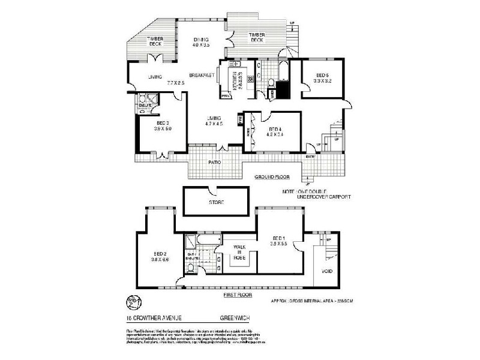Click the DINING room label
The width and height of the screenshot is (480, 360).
pos(200,40)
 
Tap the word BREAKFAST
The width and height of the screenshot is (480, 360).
pos(202,76)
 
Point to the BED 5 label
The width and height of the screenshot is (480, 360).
pos(323,76)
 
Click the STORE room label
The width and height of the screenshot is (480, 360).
pos(216,203)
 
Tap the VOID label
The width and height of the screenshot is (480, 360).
pos(327,271)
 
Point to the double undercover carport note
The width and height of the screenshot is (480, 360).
pos(316,194)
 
